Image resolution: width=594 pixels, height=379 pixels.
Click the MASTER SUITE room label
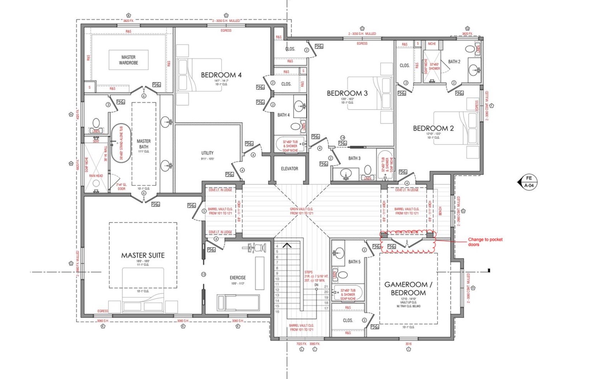point(143,256)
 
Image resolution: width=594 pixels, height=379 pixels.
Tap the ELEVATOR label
point(289,169)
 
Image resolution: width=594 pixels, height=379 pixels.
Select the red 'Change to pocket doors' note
point(485,242)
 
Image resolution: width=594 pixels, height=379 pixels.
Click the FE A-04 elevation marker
point(528,182)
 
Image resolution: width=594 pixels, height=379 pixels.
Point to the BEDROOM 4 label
point(221,75)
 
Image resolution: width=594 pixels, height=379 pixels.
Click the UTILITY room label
point(207,153)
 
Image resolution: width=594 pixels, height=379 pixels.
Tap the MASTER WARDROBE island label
point(128,60)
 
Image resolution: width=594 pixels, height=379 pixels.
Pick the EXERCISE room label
point(238,277)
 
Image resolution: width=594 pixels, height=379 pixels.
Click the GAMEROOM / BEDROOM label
point(408,289)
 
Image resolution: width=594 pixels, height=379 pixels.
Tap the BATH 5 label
point(354,262)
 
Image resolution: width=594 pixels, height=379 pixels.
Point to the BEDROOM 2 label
point(433,128)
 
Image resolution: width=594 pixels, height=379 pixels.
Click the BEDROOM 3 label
point(347,93)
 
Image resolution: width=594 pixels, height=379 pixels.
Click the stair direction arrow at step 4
point(287,245)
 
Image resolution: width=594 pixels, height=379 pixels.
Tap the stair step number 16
point(277,312)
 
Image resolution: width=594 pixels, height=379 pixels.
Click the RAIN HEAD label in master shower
point(96,176)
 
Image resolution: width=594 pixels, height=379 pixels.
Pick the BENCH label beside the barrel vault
point(440,211)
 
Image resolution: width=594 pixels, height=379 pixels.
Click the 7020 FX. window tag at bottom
point(301,344)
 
